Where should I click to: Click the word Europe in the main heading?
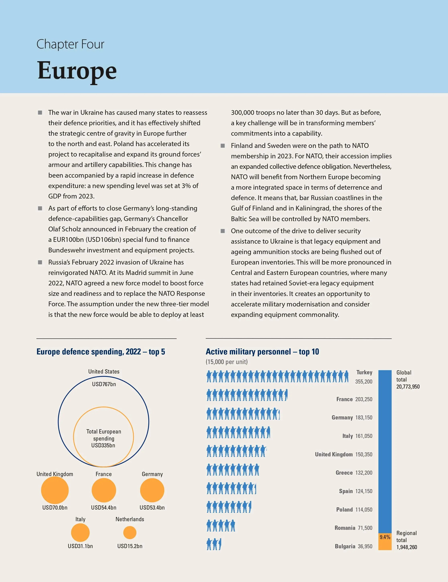coord(77,71)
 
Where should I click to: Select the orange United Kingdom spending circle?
coord(55,490)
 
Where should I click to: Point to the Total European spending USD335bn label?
coord(104,438)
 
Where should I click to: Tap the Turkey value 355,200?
coord(364,382)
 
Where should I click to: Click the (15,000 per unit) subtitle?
coord(226,362)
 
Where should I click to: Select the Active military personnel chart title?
coord(262,352)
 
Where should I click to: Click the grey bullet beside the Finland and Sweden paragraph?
coord(223,146)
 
